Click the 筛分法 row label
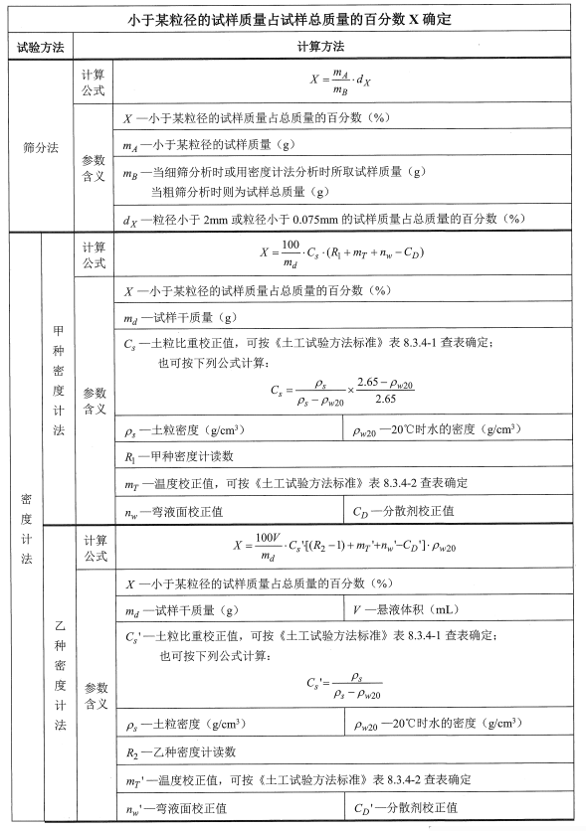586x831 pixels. click(x=40, y=147)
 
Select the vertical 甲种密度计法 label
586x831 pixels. click(x=57, y=381)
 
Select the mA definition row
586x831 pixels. click(x=199, y=144)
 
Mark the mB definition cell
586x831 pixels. click(x=279, y=180)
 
